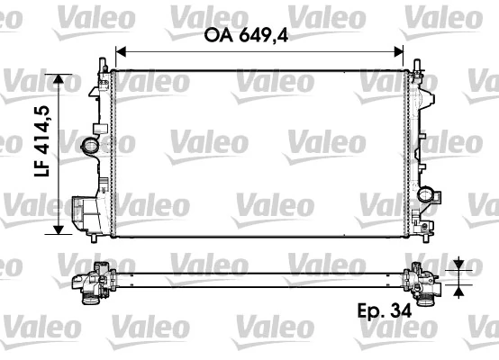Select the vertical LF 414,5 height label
tap(41, 154)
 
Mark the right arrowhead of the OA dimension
tap(415, 52)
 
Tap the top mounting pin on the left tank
tap(99, 64)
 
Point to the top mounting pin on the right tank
tap(418, 65)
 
